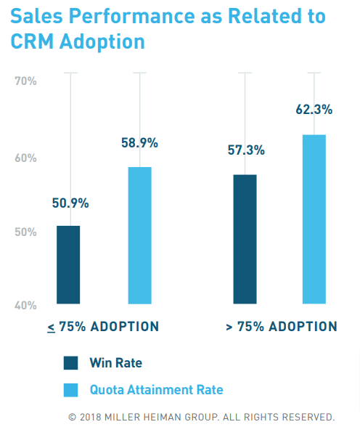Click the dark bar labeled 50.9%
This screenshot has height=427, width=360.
pyautogui.click(x=68, y=264)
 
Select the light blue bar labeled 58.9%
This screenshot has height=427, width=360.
pyautogui.click(x=139, y=235)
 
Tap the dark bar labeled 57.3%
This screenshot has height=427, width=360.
pyautogui.click(x=245, y=239)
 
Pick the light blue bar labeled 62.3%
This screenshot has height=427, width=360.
pyautogui.click(x=314, y=219)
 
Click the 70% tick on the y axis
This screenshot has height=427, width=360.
pyautogui.click(x=26, y=81)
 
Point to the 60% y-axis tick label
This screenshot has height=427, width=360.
pyautogui.click(x=26, y=158)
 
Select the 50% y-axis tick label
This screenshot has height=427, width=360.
pyautogui.click(x=26, y=232)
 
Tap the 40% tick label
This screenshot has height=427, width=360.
pyautogui.click(x=26, y=305)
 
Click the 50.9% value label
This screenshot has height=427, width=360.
pyautogui.click(x=70, y=203)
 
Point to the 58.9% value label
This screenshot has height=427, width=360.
pyautogui.click(x=139, y=144)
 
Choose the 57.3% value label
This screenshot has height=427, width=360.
pyautogui.click(x=245, y=150)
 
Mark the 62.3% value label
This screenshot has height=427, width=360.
pyautogui.click(x=314, y=110)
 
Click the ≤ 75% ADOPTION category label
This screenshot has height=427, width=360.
pyautogui.click(x=103, y=326)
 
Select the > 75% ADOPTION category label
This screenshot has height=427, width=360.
pyautogui.click(x=281, y=326)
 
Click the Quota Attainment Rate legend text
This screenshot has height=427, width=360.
pyautogui.click(x=156, y=390)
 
